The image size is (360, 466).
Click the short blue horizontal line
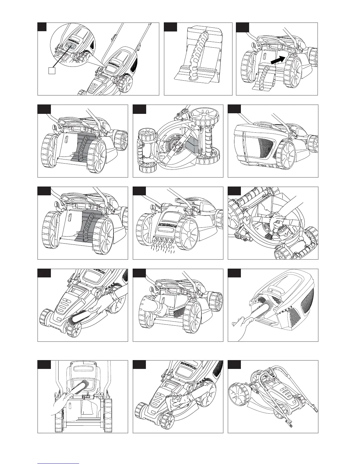pyautogui.click(x=59, y=463)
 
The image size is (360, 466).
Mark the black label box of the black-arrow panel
pyautogui.click(x=243, y=27)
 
